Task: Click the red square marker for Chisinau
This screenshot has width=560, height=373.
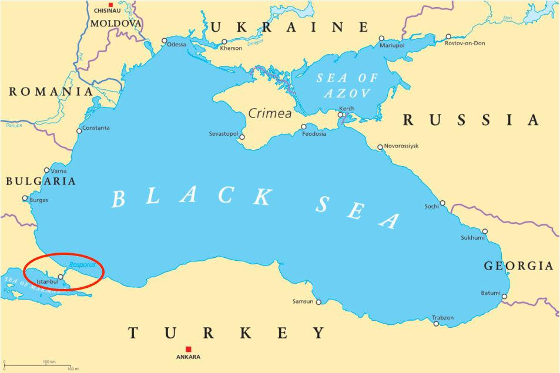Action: click(x=110, y=5)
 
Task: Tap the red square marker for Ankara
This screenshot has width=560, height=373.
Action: click(x=188, y=348)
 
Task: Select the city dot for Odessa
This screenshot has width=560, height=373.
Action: click(x=165, y=41)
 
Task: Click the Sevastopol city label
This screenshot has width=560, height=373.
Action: click(x=223, y=134)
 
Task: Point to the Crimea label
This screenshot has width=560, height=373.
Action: click(x=270, y=113)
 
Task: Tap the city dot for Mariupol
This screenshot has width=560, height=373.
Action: click(x=381, y=38)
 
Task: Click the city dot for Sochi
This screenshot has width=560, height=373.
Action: click(x=442, y=203)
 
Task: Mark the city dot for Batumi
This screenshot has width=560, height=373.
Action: click(x=504, y=296)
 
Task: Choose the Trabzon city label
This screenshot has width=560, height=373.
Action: click(x=442, y=318)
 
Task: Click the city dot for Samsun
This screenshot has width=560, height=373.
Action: click(x=318, y=302)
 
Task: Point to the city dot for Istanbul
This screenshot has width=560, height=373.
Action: click(x=61, y=277)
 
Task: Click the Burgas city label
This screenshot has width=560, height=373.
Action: click(x=38, y=200)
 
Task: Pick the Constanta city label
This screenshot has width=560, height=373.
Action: click(x=96, y=128)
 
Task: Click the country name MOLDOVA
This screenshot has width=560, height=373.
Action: click(x=116, y=23)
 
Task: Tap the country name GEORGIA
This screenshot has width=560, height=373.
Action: click(x=518, y=266)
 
